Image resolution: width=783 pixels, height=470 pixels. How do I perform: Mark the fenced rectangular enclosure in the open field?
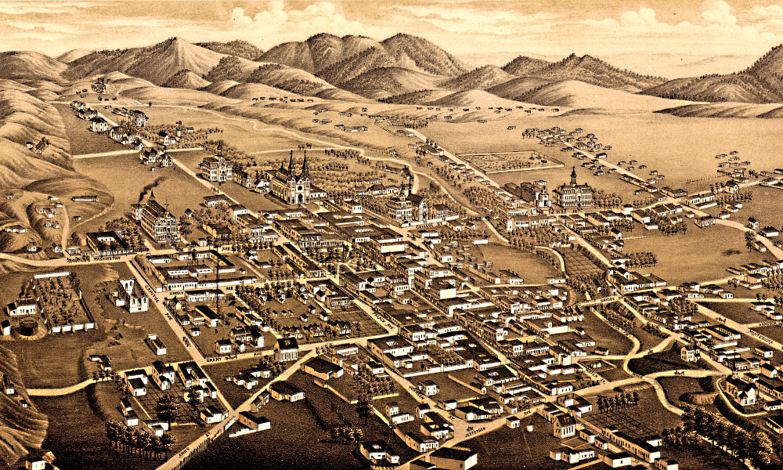pos(509,161)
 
